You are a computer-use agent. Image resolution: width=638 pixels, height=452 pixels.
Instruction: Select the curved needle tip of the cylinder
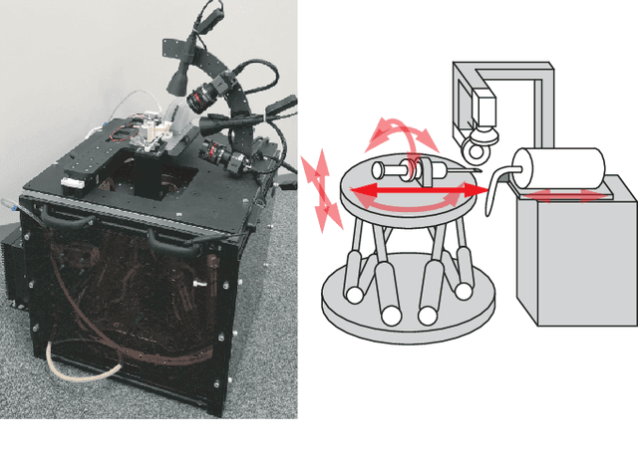point(491,194)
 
